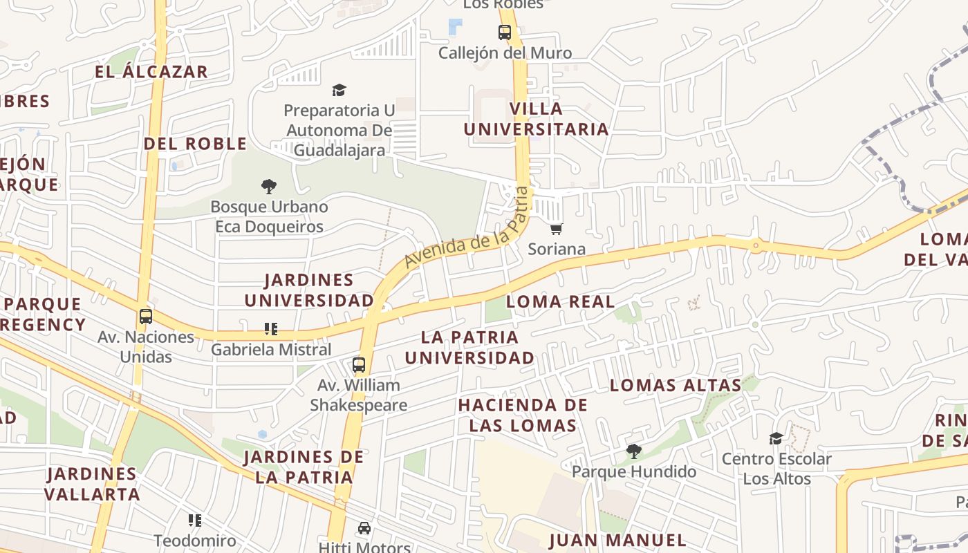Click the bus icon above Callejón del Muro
coord(505,32)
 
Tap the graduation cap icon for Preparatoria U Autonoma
coord(339,90)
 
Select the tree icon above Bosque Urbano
coord(269,186)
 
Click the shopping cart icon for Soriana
coord(557,229)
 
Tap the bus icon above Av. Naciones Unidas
coord(145,317)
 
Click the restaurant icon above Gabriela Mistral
coord(271,329)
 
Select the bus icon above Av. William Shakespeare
coord(358,365)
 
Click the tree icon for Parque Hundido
coord(633,451)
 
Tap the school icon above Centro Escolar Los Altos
coord(776,438)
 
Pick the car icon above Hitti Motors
coord(364,528)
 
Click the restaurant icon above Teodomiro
coord(195,520)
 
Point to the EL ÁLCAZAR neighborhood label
coord(151,72)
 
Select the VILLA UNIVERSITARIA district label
coord(536,119)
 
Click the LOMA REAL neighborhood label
coord(560,301)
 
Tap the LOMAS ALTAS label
coord(676,385)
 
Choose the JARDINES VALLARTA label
coord(92,484)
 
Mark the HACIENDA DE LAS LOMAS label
coord(523,415)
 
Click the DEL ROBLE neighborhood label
coord(195,144)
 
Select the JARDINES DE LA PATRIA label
coord(304,467)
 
